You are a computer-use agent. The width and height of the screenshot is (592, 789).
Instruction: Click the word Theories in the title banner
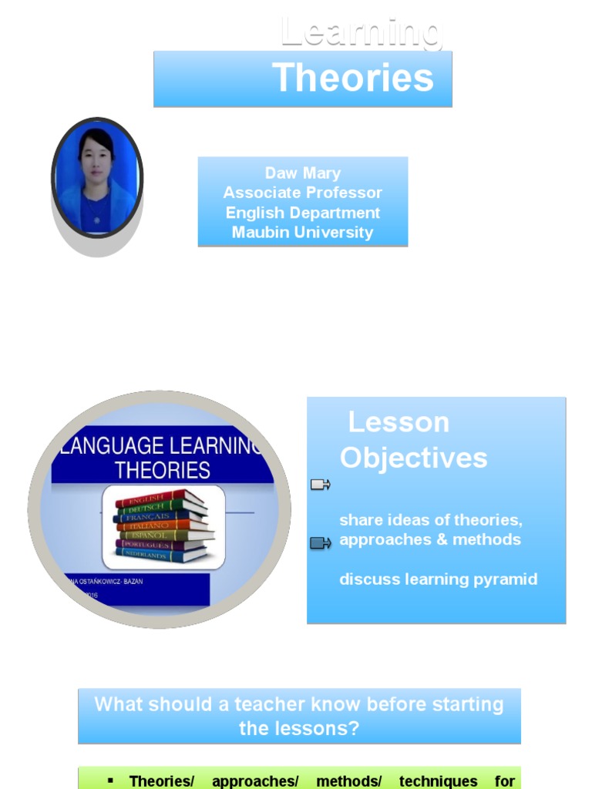(352, 78)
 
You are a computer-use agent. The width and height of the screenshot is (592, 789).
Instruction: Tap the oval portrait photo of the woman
(97, 178)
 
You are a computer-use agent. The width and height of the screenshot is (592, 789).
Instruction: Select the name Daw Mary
(303, 173)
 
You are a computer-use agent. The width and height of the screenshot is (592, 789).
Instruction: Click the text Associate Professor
(303, 193)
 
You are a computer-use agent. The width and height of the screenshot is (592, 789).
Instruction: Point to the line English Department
(303, 213)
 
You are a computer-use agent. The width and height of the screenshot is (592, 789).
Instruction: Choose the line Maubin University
(303, 232)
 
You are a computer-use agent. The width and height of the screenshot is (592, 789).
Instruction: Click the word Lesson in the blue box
(399, 422)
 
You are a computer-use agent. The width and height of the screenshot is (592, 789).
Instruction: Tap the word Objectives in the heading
(413, 458)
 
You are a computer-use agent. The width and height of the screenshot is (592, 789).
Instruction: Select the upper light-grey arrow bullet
(320, 485)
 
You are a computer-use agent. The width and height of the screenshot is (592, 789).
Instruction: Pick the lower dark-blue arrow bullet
(320, 543)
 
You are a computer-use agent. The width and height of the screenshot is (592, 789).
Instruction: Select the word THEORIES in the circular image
(162, 470)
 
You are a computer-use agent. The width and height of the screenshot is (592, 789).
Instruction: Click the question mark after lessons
(355, 728)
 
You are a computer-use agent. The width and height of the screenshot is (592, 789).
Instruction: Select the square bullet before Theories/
(110, 780)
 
